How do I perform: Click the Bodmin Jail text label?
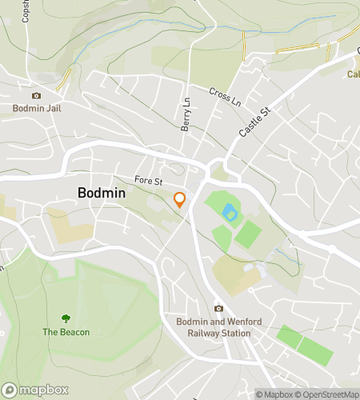click(37, 108)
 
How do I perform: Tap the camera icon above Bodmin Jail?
click(36, 95)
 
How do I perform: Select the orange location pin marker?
click(181, 200)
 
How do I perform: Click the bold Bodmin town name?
click(106, 193)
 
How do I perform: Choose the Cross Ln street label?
click(226, 98)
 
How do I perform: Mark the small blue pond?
click(230, 213)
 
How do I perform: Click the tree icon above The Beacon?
click(66, 318)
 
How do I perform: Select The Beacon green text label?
click(66, 332)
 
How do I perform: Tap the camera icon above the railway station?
click(218, 308)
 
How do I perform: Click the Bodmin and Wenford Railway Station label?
click(218, 326)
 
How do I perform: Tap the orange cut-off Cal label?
click(352, 74)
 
